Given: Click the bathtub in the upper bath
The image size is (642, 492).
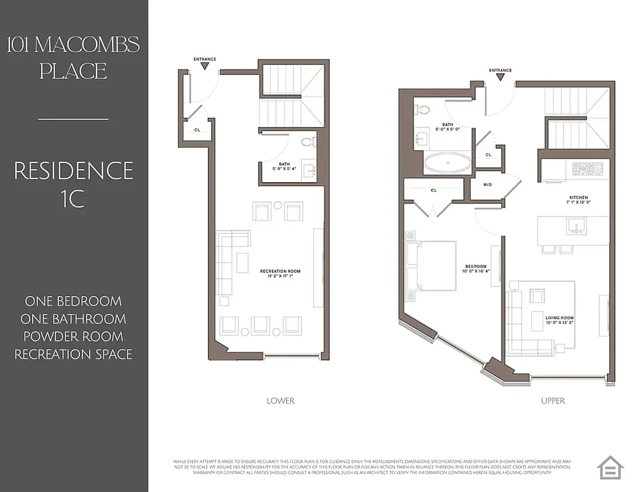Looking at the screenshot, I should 447,165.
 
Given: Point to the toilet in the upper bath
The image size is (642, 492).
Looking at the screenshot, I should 423,110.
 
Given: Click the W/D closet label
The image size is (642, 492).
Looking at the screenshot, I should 486,184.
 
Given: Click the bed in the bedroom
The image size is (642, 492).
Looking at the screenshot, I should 431,266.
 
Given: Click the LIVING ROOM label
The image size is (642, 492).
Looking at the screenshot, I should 559,320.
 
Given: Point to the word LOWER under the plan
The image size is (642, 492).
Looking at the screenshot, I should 280,401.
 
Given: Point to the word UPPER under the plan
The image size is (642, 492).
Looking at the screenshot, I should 553,401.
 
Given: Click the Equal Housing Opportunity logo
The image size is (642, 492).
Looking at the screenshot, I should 611,467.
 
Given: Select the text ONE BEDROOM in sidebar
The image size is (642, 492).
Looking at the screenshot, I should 73,301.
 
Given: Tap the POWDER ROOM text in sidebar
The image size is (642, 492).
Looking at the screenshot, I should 73,336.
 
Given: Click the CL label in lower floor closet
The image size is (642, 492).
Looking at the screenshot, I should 197,130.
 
